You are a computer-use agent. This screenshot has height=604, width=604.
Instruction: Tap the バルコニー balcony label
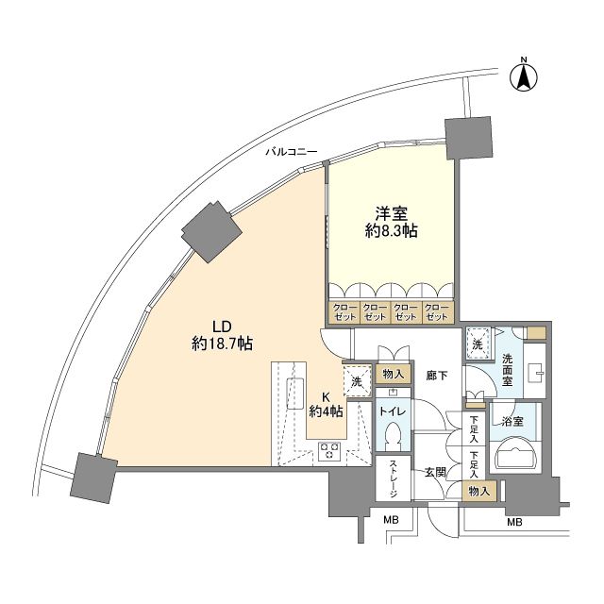click(291, 151)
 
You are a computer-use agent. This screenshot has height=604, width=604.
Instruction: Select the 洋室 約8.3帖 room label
click(391, 221)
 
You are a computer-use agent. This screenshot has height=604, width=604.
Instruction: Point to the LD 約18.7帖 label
click(220, 335)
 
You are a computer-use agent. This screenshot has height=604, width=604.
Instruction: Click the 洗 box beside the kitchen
click(357, 380)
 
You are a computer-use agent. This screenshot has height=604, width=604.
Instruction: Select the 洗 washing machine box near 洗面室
click(478, 345)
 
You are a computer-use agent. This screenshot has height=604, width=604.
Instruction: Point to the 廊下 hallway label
click(435, 376)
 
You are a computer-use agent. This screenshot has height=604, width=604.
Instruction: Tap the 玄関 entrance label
click(435, 472)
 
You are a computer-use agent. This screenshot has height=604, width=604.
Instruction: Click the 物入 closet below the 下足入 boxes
click(481, 489)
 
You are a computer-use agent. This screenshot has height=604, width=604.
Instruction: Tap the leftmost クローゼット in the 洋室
click(344, 312)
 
